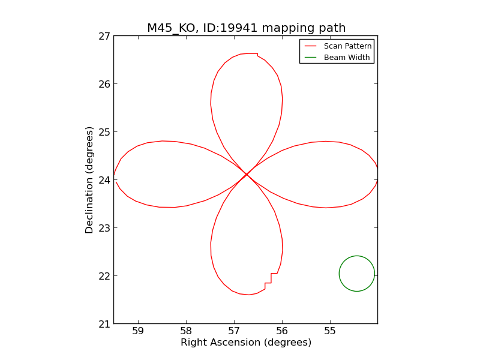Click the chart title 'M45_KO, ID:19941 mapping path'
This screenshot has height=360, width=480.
(x=246, y=28)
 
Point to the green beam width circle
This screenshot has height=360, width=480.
(x=357, y=274)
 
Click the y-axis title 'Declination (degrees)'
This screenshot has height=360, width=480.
(x=89, y=179)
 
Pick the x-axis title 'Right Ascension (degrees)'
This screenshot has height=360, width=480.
(x=246, y=343)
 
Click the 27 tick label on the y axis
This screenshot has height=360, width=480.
(x=104, y=36)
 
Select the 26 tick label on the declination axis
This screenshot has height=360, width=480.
(x=104, y=84)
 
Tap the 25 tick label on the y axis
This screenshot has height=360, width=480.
(x=104, y=132)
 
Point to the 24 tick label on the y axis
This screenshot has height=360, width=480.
(x=104, y=180)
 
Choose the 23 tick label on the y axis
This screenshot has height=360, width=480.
(x=104, y=228)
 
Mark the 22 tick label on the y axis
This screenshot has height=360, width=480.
(x=104, y=276)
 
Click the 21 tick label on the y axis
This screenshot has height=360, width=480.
(x=104, y=324)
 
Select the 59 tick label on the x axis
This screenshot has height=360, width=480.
(x=138, y=331)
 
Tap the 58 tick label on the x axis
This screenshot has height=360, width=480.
(x=186, y=331)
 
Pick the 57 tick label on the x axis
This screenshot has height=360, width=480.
(x=234, y=331)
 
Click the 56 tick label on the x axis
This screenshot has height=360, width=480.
(x=282, y=331)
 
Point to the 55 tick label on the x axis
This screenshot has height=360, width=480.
(x=330, y=331)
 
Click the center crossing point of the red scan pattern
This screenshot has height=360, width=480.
(x=246, y=175)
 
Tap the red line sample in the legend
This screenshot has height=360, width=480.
(x=310, y=46)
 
